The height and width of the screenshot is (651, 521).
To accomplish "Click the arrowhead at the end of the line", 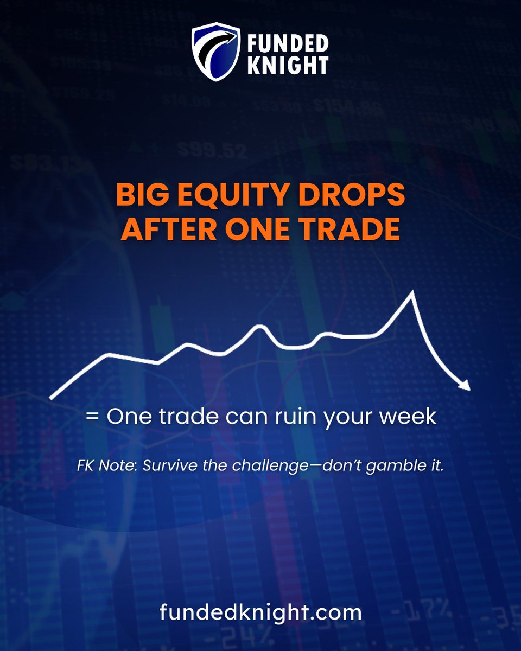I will click(x=464, y=385).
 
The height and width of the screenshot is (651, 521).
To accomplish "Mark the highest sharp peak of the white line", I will click(x=412, y=293).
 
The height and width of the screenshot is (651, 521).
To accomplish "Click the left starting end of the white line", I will click(x=51, y=398).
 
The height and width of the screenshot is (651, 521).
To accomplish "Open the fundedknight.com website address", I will click(x=260, y=613).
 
